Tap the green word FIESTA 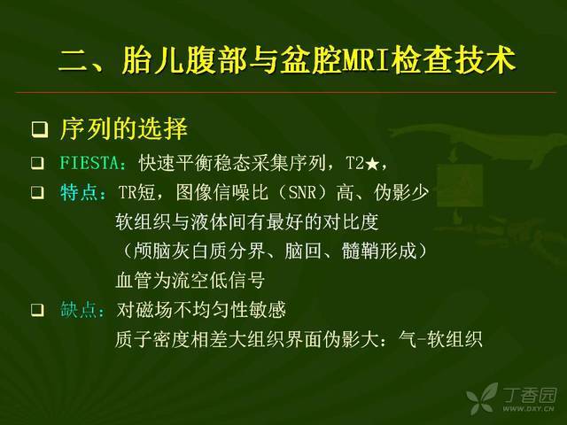coord(89,163)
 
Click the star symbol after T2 coord(372,165)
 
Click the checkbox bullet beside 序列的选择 coord(39,130)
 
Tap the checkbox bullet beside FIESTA coord(37,163)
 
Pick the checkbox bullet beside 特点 coord(37,193)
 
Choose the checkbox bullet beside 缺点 coord(37,310)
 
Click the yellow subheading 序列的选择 coord(124,129)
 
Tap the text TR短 coord(137,193)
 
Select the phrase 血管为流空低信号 coord(190,281)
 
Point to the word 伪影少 coord(401,193)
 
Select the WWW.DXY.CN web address coord(528,409)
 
